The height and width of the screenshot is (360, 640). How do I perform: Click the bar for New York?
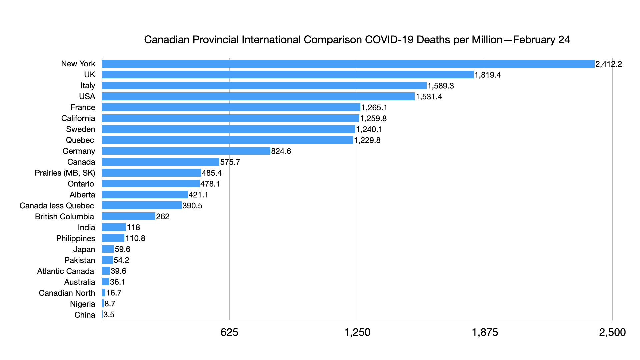(x=348, y=64)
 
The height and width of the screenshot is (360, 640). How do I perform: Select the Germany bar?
(x=186, y=151)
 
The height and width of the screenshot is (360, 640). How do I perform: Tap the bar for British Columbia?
(x=129, y=216)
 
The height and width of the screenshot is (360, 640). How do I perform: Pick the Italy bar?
(x=264, y=86)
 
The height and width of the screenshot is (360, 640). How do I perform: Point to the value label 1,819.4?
(x=488, y=75)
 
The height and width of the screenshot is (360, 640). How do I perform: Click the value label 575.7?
(x=230, y=162)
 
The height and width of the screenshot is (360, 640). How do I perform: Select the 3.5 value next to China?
(x=109, y=315)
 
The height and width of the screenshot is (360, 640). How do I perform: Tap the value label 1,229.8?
(x=367, y=140)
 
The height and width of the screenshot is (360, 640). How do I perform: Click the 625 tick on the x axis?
(x=229, y=332)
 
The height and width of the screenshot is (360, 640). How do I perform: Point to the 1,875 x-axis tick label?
(x=485, y=332)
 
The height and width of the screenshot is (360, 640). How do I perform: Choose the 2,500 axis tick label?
(x=612, y=332)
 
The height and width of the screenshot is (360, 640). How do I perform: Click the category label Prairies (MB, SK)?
(x=65, y=173)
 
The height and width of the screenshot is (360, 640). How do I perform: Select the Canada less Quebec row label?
(x=57, y=206)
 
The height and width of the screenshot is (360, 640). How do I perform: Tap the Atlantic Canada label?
(x=66, y=271)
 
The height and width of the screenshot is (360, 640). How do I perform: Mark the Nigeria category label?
(x=83, y=304)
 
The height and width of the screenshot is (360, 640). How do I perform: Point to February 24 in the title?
(x=542, y=40)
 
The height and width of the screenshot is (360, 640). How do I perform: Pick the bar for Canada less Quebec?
(x=142, y=205)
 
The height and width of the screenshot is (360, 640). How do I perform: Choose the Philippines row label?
(x=76, y=239)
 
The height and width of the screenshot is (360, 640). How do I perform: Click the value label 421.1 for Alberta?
(x=198, y=195)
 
